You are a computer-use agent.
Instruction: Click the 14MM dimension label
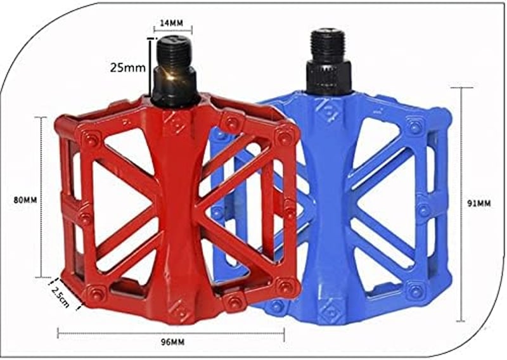(x=172, y=23)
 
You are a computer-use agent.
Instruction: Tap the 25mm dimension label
(x=128, y=68)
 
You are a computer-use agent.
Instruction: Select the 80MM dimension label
(x=25, y=200)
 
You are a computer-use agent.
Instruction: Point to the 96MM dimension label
(x=172, y=342)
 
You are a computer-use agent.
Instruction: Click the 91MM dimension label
(x=479, y=203)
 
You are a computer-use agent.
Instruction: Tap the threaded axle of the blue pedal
(x=328, y=44)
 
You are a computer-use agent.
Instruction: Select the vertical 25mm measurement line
(x=150, y=67)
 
